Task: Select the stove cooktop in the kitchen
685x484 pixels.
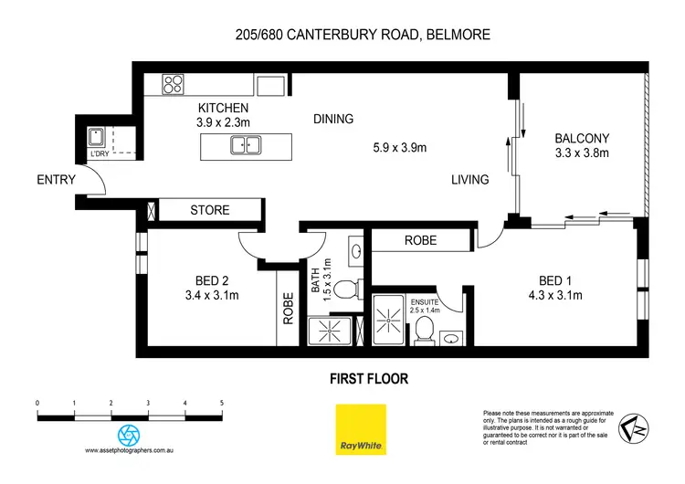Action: [x=174, y=86]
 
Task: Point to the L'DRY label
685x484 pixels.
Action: [x=99, y=154]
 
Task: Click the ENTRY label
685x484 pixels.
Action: [x=56, y=180]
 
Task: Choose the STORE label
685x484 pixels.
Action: [x=209, y=210]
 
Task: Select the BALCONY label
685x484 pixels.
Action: [x=582, y=139]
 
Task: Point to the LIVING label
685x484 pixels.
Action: [x=469, y=180]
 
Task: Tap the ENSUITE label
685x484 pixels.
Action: [x=425, y=300]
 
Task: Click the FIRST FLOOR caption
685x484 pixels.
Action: [x=369, y=377]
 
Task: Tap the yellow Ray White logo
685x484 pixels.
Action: [x=359, y=427]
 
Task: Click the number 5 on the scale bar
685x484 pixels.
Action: [x=222, y=402]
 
